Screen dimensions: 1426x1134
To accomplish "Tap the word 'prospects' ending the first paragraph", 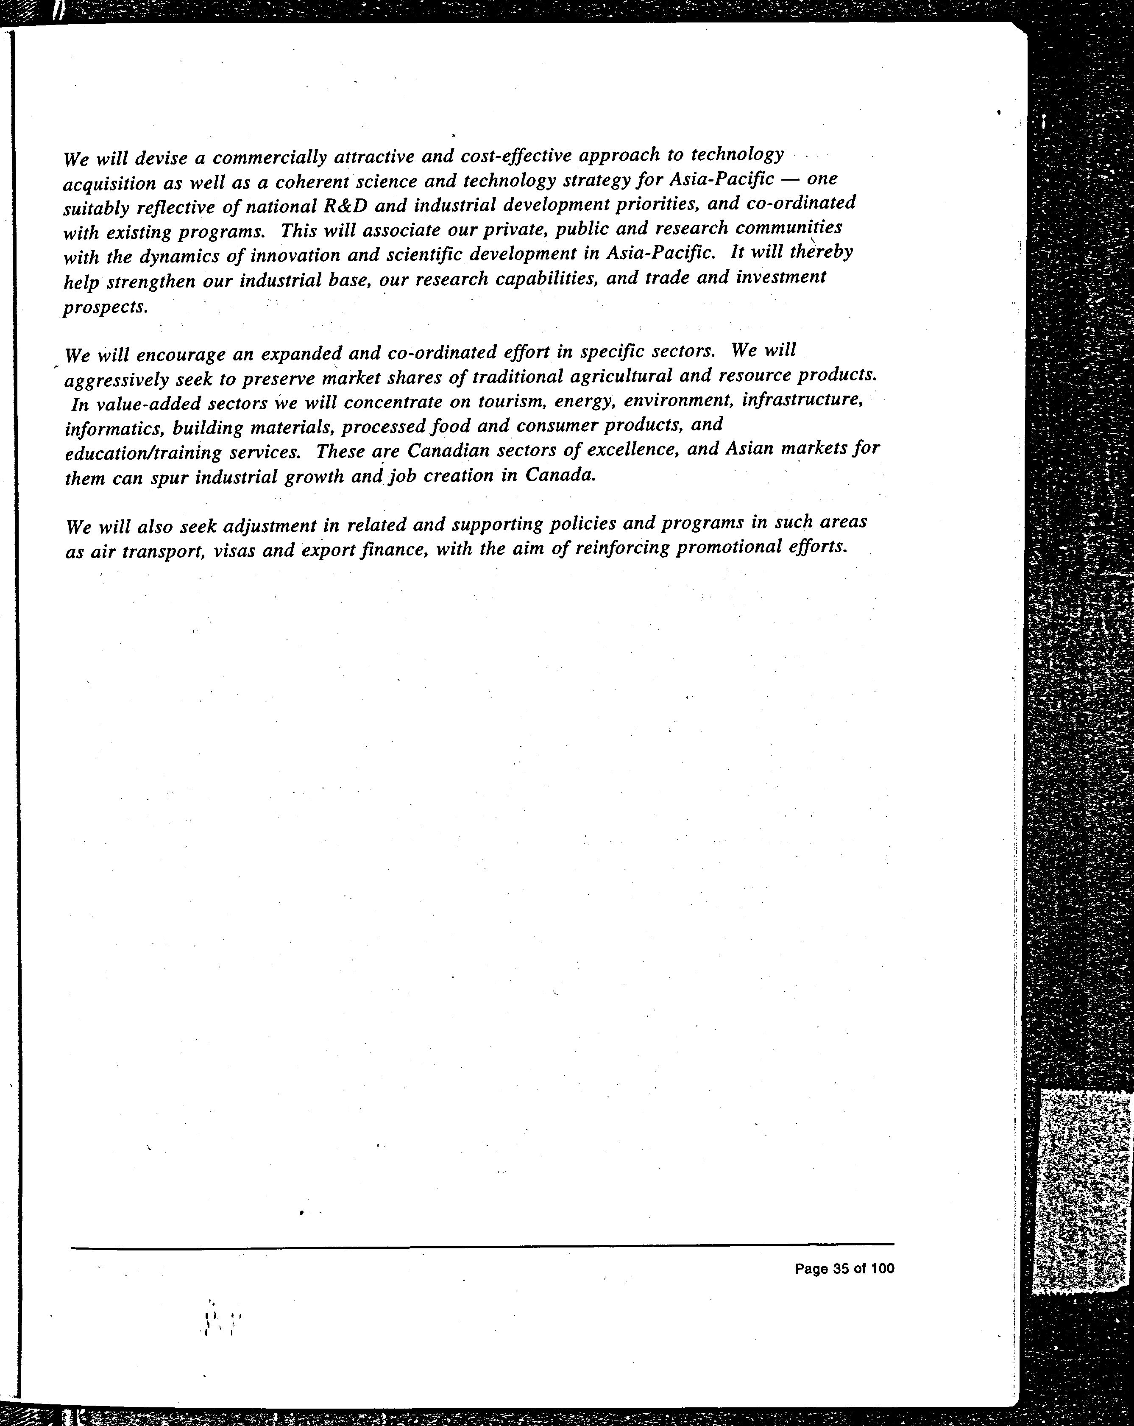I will coord(104,307).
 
